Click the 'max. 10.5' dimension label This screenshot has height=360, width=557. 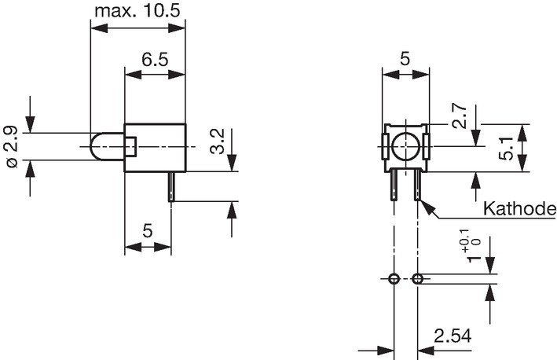(x=137, y=11)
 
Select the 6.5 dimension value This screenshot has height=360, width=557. (x=155, y=60)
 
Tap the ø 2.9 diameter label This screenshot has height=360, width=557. (x=12, y=146)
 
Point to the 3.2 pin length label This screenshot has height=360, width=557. (x=218, y=141)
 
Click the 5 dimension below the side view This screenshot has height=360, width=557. (x=148, y=231)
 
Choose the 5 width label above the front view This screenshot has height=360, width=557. (x=405, y=59)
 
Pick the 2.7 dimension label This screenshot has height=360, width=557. (x=459, y=116)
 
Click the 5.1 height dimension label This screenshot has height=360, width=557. (x=506, y=148)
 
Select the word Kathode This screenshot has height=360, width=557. (x=520, y=208)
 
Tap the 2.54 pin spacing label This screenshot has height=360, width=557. (x=453, y=336)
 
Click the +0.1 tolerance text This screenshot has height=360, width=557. (x=464, y=241)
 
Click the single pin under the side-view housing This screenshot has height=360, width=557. (x=171, y=186)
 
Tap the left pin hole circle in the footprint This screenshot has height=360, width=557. (x=394, y=279)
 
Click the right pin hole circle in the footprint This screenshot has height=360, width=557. (x=417, y=279)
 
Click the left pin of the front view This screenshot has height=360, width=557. (x=394, y=185)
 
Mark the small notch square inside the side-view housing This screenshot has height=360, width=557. (x=130, y=146)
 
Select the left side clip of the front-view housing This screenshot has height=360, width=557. (x=386, y=146)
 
